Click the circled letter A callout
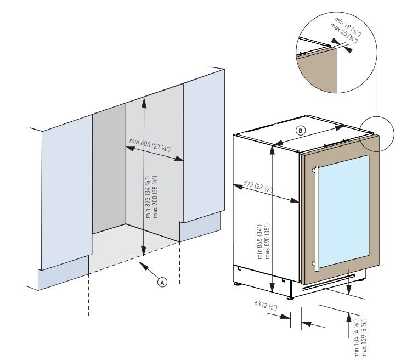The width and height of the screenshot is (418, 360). coord(162,282)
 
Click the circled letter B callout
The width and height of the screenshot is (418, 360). coord(300,131)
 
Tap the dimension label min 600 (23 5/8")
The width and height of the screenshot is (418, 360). coord(149,145)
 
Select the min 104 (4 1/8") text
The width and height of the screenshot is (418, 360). coord(357,335)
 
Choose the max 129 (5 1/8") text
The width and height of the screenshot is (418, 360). coord(364,335)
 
